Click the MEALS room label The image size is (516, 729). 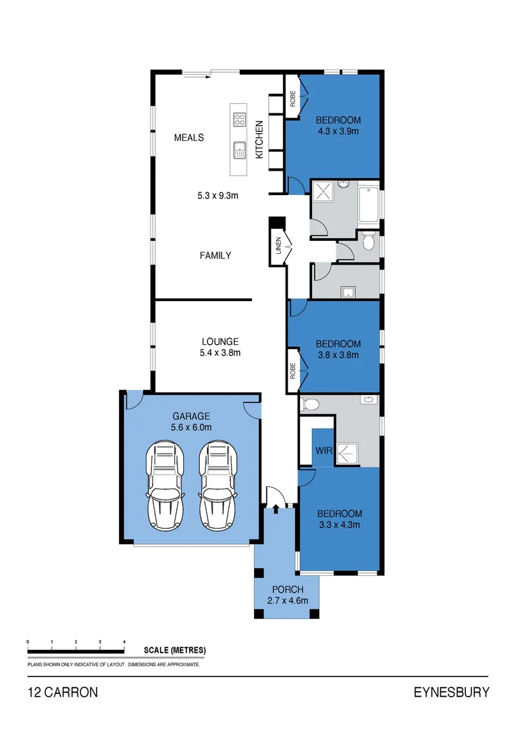[188, 138]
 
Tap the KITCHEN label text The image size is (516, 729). [259, 140]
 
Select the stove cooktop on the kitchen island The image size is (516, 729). [239, 119]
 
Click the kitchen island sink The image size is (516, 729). [239, 149]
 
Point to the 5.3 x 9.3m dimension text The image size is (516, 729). [219, 196]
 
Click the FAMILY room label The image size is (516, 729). [215, 255]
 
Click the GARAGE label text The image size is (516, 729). [191, 416]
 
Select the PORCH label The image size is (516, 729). [288, 590]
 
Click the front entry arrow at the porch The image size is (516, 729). [276, 500]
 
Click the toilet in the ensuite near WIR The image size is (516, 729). [310, 404]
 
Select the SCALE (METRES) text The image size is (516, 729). [174, 650]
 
